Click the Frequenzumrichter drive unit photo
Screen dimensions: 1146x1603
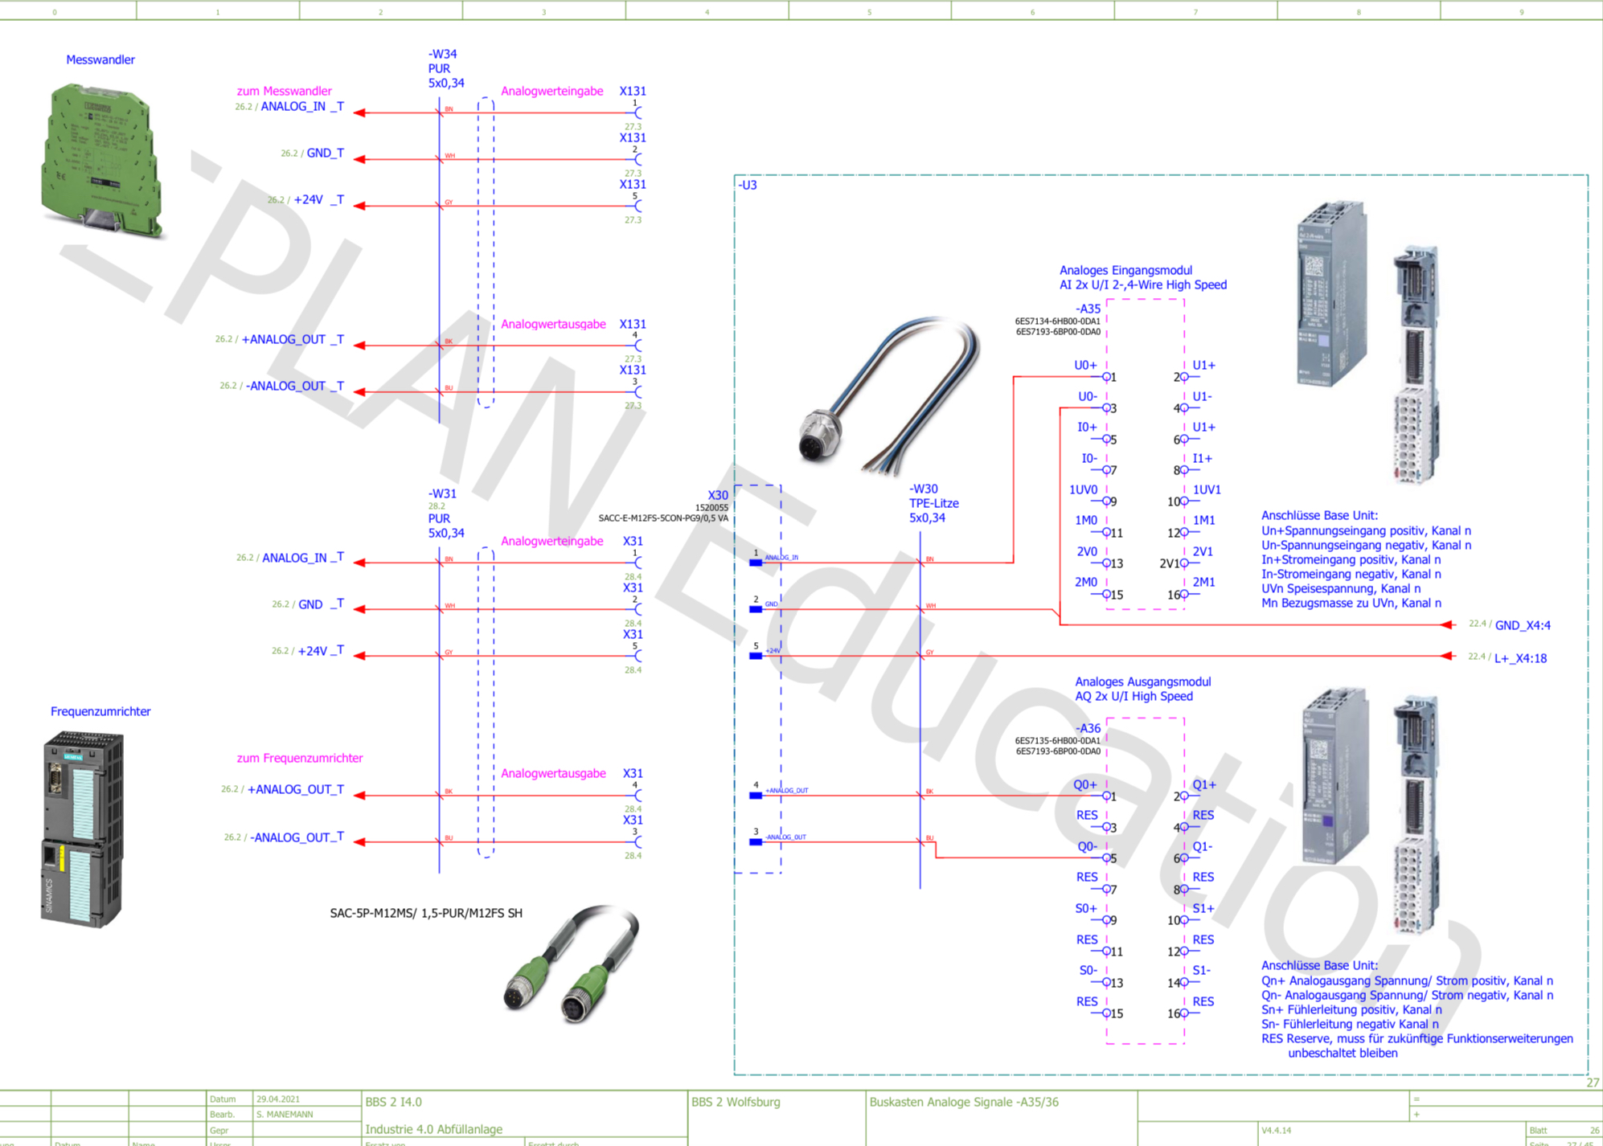tap(82, 829)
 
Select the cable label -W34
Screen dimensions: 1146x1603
tap(442, 55)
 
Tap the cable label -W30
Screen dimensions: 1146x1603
tap(924, 489)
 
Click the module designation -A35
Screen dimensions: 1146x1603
tap(1088, 309)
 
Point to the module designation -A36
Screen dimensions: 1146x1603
tap(1088, 728)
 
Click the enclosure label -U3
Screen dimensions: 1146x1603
tap(748, 185)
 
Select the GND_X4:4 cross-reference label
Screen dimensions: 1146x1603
tap(1523, 625)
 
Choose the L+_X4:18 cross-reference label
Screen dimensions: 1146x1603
tap(1520, 658)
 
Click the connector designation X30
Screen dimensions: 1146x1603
tap(718, 495)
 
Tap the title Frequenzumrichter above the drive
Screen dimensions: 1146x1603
tap(100, 711)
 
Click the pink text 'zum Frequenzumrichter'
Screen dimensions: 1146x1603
tap(300, 758)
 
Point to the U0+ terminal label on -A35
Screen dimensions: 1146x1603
tap(1085, 366)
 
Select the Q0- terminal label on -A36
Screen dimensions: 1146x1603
tap(1087, 846)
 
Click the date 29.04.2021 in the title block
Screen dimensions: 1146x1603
tap(278, 1099)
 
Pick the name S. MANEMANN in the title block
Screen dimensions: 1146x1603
tap(285, 1115)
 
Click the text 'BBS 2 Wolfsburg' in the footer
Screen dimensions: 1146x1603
tap(736, 1102)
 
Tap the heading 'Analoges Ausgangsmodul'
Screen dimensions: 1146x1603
tap(1142, 681)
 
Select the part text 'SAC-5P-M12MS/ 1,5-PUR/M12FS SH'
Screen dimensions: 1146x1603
tap(426, 913)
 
